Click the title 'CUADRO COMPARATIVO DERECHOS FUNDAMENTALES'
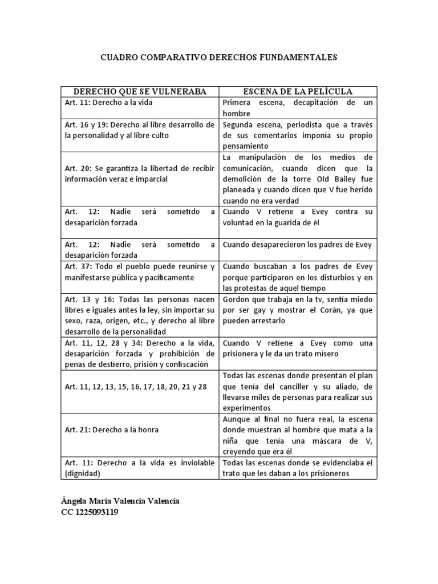point(219,58)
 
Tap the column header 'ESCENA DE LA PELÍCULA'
point(298,91)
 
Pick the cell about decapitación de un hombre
point(298,108)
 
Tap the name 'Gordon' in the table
point(237,299)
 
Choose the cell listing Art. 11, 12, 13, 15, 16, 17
point(135,387)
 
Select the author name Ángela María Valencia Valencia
point(120,501)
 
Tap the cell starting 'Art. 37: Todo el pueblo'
point(139,272)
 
